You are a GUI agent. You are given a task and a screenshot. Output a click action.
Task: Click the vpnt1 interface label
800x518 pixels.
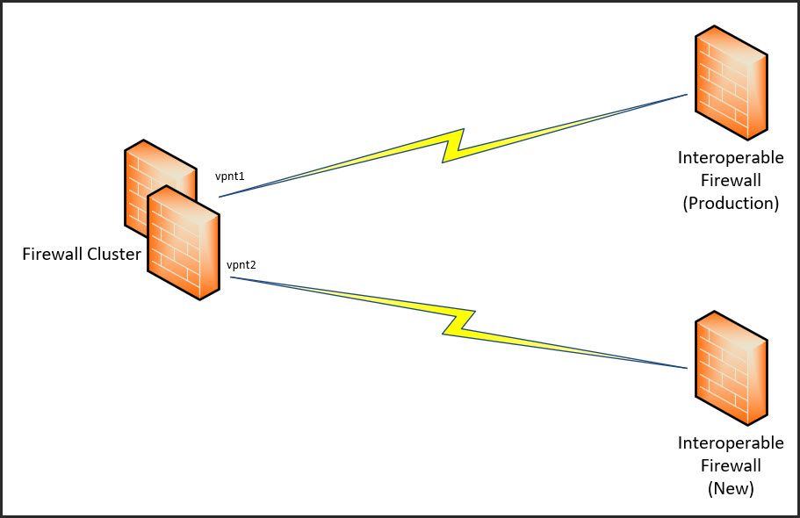(x=229, y=176)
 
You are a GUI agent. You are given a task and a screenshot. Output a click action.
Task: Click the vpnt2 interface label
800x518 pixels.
(x=241, y=264)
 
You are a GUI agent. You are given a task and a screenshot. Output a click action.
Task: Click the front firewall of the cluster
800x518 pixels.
(x=184, y=241)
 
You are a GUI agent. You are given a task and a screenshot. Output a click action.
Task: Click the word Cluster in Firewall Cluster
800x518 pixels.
(x=113, y=255)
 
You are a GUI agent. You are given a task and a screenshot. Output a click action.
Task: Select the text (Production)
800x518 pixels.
(x=731, y=203)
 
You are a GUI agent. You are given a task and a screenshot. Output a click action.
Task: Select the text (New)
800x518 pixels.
(x=731, y=489)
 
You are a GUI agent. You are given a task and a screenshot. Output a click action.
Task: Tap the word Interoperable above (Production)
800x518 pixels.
(x=731, y=158)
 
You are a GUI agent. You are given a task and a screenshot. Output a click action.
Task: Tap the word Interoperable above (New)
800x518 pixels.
(x=731, y=443)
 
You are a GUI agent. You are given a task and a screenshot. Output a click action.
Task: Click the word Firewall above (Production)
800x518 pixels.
(x=731, y=181)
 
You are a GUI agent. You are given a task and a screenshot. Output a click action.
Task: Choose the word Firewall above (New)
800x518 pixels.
(x=731, y=466)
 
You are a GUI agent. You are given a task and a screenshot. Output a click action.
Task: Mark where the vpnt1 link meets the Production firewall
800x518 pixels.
(x=687, y=95)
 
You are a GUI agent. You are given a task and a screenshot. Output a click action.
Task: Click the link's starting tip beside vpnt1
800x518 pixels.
(x=220, y=197)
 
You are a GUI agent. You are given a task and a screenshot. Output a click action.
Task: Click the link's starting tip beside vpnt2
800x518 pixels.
(x=231, y=277)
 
